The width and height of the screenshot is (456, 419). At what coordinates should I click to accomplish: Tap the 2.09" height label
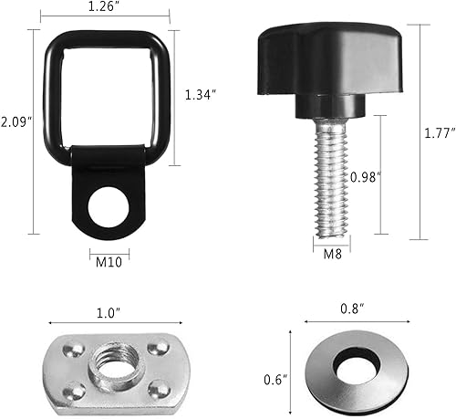[16, 121]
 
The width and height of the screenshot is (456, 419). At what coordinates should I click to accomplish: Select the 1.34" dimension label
[202, 95]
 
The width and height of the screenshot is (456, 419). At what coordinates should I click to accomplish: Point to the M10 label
[110, 265]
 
